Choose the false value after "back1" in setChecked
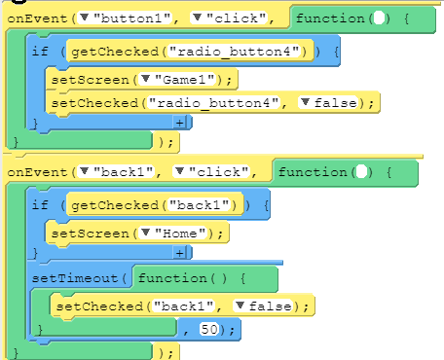281,306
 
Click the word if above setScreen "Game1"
39,51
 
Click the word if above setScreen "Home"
39,205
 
